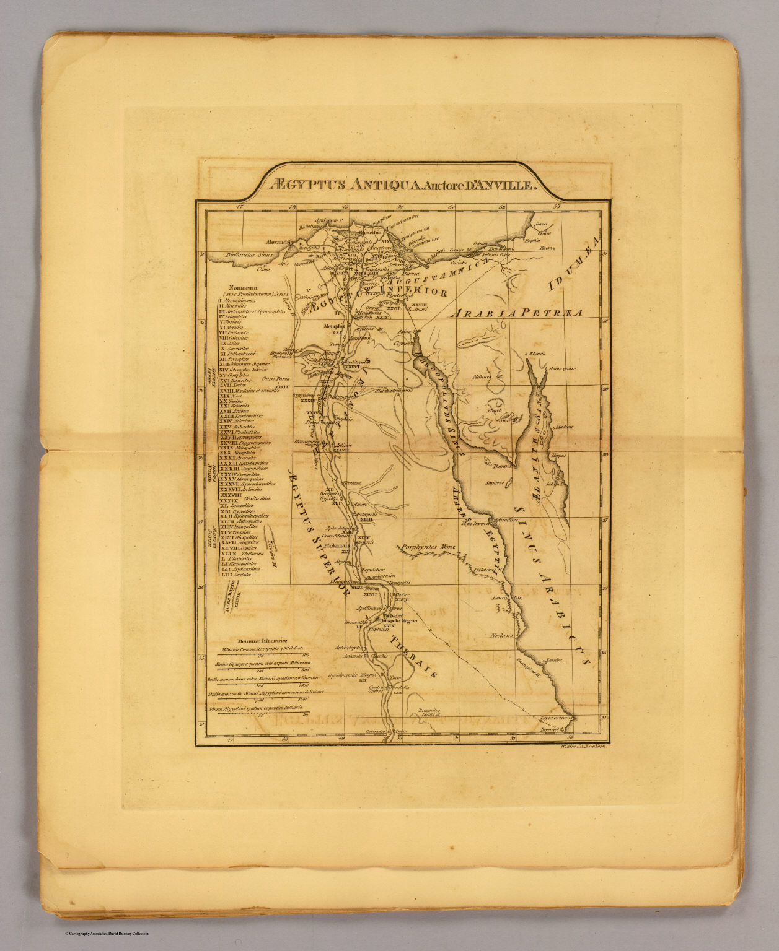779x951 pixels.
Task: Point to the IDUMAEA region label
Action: [x=573, y=264]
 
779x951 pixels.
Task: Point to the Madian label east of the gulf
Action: [x=564, y=427]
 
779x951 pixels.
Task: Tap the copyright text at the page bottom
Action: [x=107, y=934]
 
